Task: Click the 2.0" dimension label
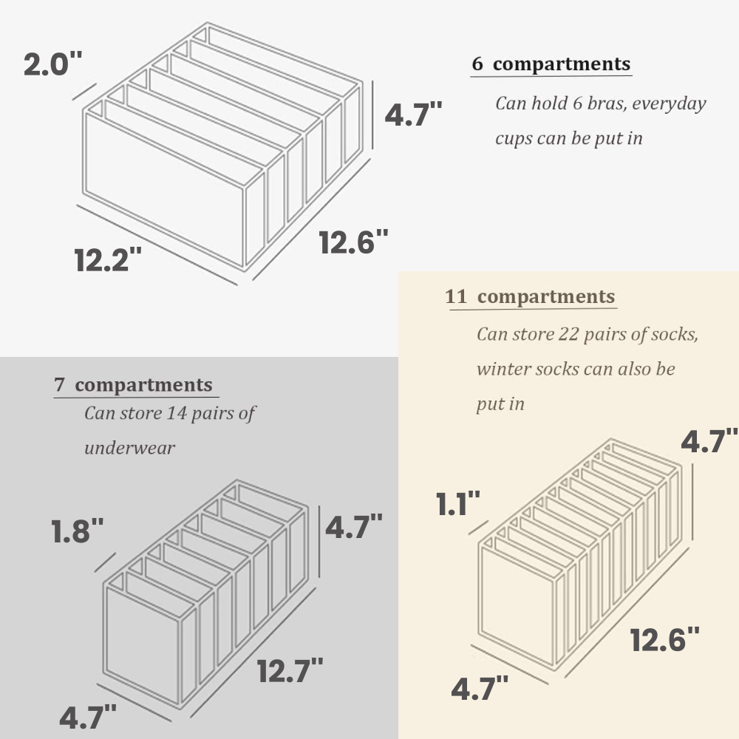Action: point(52,64)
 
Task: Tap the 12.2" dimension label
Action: point(108,259)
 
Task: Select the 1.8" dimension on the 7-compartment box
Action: point(78,531)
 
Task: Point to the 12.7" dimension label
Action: point(290,670)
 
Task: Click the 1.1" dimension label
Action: point(457,503)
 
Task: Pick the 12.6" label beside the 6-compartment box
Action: point(353,242)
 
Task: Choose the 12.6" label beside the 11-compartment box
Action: point(665,639)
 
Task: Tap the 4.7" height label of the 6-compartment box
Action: point(413,114)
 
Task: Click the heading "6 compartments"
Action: point(551,64)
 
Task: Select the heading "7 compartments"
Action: point(133,384)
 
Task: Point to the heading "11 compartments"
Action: point(530,296)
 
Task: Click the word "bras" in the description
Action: point(603,103)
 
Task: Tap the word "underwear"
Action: point(129,448)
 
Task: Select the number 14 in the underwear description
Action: point(177,413)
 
